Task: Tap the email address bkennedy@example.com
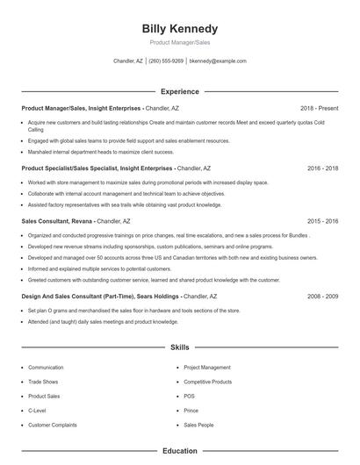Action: coord(218,61)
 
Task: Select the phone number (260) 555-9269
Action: coord(166,61)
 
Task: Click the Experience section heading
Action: coord(179,91)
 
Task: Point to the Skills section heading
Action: coord(179,347)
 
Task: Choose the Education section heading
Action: coord(179,451)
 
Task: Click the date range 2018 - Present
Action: coord(319,108)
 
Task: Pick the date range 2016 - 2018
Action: coord(323,167)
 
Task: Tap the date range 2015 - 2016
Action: coord(323,221)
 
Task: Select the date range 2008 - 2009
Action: coord(323,297)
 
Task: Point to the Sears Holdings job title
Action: coord(102,297)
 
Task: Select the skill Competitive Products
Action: coord(208,382)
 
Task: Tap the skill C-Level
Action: coord(38,410)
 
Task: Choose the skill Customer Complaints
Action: coord(53,425)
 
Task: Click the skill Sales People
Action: coord(198,425)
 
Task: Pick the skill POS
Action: coord(189,396)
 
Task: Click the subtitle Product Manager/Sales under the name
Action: coord(179,42)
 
